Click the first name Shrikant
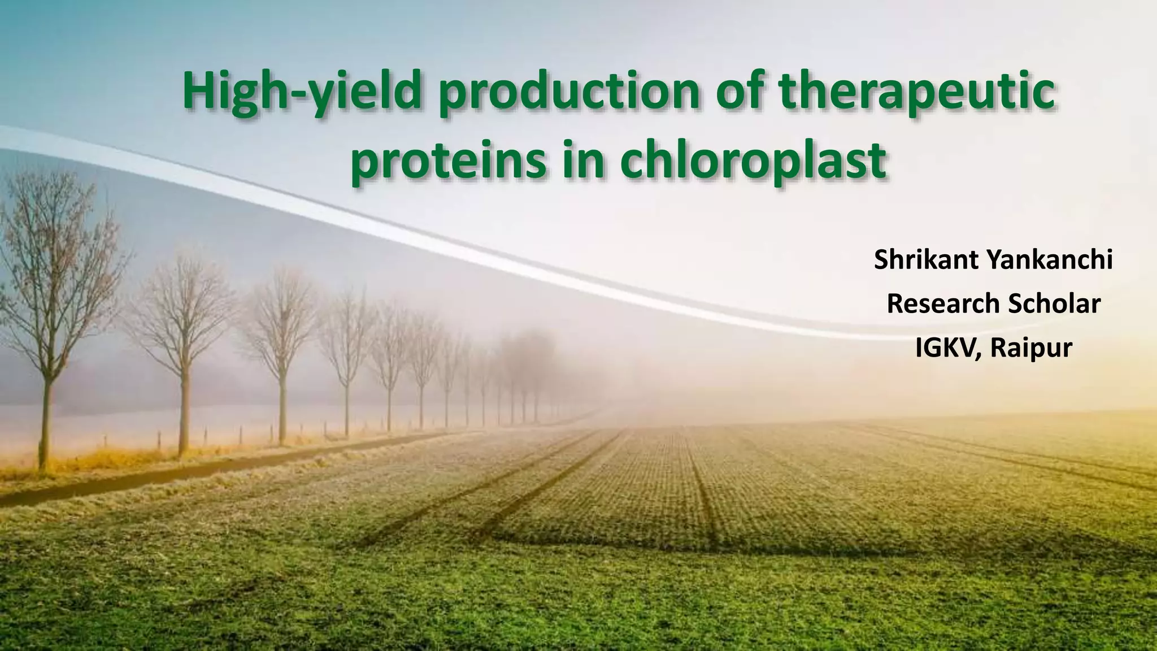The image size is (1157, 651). pos(926,261)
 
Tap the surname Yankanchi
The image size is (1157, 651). pos(1050,261)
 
